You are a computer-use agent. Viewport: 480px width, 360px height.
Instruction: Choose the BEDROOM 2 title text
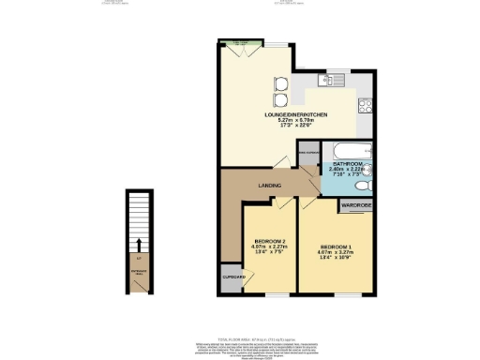coord(269,239)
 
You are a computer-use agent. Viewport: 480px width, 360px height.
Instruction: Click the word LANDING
coord(270,186)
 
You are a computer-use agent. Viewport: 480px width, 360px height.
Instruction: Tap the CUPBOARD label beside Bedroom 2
coord(233,277)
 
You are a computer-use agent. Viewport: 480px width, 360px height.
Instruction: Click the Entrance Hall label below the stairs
coord(139,272)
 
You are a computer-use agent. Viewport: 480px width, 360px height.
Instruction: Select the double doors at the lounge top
coord(241,46)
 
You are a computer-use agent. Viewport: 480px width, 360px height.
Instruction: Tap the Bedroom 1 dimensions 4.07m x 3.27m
coord(337,250)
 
